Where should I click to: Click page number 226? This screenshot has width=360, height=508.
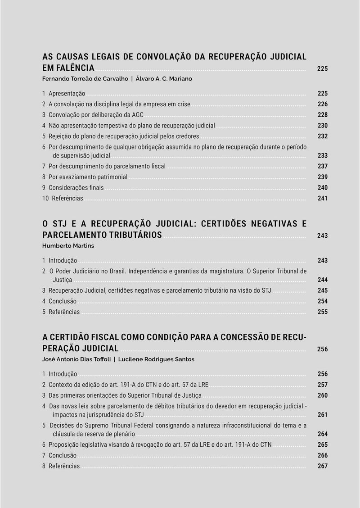[x=322, y=104]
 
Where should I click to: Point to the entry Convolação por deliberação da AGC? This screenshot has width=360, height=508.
[x=96, y=115]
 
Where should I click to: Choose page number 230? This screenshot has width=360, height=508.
[x=322, y=126]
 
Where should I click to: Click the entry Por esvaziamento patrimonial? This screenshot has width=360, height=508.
[x=88, y=177]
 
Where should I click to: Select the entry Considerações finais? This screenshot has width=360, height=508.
[x=76, y=188]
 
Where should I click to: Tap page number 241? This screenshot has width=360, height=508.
[x=322, y=199]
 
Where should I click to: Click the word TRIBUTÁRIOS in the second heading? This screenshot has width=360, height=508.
[x=135, y=235]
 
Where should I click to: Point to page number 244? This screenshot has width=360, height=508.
[x=322, y=280]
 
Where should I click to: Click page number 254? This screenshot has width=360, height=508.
[x=322, y=301]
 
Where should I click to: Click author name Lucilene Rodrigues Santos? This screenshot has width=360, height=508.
[x=156, y=359]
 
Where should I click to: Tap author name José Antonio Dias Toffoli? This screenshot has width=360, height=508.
[x=76, y=359]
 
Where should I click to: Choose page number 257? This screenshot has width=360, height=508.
[x=322, y=385]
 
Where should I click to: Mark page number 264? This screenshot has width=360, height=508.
[x=322, y=434]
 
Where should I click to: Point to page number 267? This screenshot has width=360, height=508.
[x=322, y=466]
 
